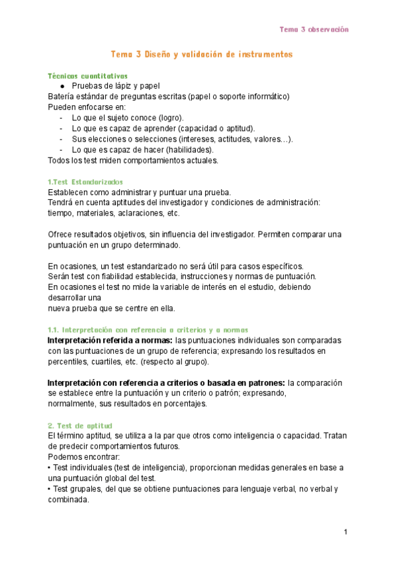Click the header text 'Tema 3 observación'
[314, 30]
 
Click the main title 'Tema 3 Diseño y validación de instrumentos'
[201, 54]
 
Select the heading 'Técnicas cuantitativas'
[88, 75]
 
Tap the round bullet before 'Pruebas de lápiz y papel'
[62, 86]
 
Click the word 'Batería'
[63, 97]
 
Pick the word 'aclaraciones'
[142, 213]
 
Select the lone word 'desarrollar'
[69, 298]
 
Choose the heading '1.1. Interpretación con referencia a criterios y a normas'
[149, 329]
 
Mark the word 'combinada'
[67, 500]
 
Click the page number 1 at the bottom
[345, 532]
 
